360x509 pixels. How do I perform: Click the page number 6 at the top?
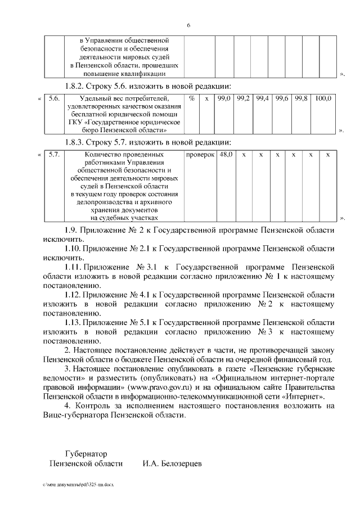coord(188,25)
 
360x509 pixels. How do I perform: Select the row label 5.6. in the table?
coord(55,98)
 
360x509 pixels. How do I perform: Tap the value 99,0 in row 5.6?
coord(224,98)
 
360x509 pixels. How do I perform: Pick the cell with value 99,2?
coord(244,98)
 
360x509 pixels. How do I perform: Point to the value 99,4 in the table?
coord(263,98)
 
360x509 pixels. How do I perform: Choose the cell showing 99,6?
coord(282,98)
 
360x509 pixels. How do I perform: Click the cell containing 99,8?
coord(301,98)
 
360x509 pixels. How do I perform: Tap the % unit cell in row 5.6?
coord(192,98)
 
